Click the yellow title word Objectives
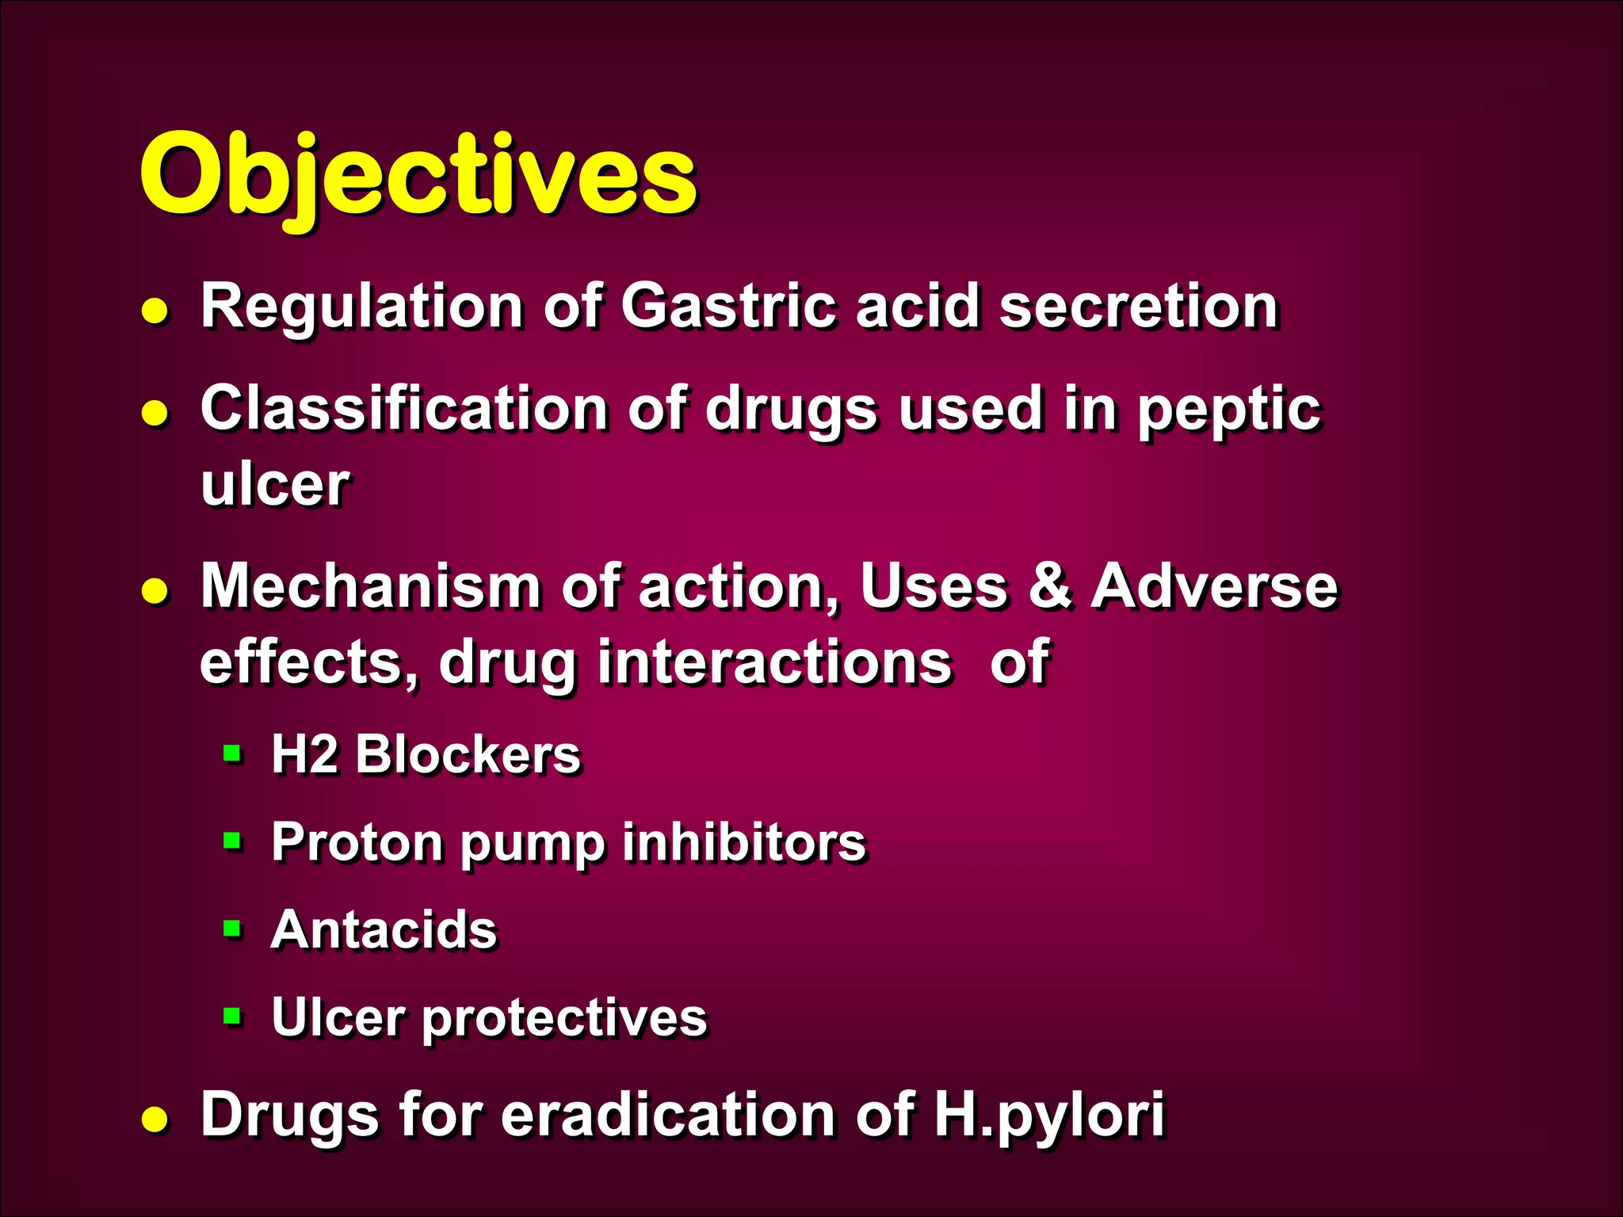[x=418, y=176]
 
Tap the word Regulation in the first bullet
[x=361, y=307]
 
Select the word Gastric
[x=727, y=306]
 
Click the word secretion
[x=1138, y=306]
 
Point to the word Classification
[x=404, y=409]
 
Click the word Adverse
[x=1214, y=587]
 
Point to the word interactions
[x=773, y=662]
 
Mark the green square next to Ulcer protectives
[x=232, y=1016]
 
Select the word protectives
[x=564, y=1019]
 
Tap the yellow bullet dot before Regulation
[x=155, y=311]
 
